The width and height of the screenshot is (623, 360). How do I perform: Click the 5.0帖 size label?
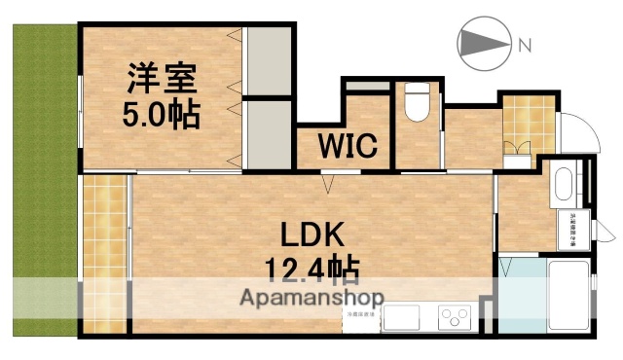[x=162, y=115]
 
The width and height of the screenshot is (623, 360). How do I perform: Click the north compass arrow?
[x=483, y=43]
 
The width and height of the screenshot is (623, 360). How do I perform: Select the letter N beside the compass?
[x=525, y=45]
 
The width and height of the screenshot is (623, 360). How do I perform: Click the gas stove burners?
[x=454, y=317]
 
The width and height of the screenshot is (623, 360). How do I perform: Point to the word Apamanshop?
[x=313, y=297]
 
